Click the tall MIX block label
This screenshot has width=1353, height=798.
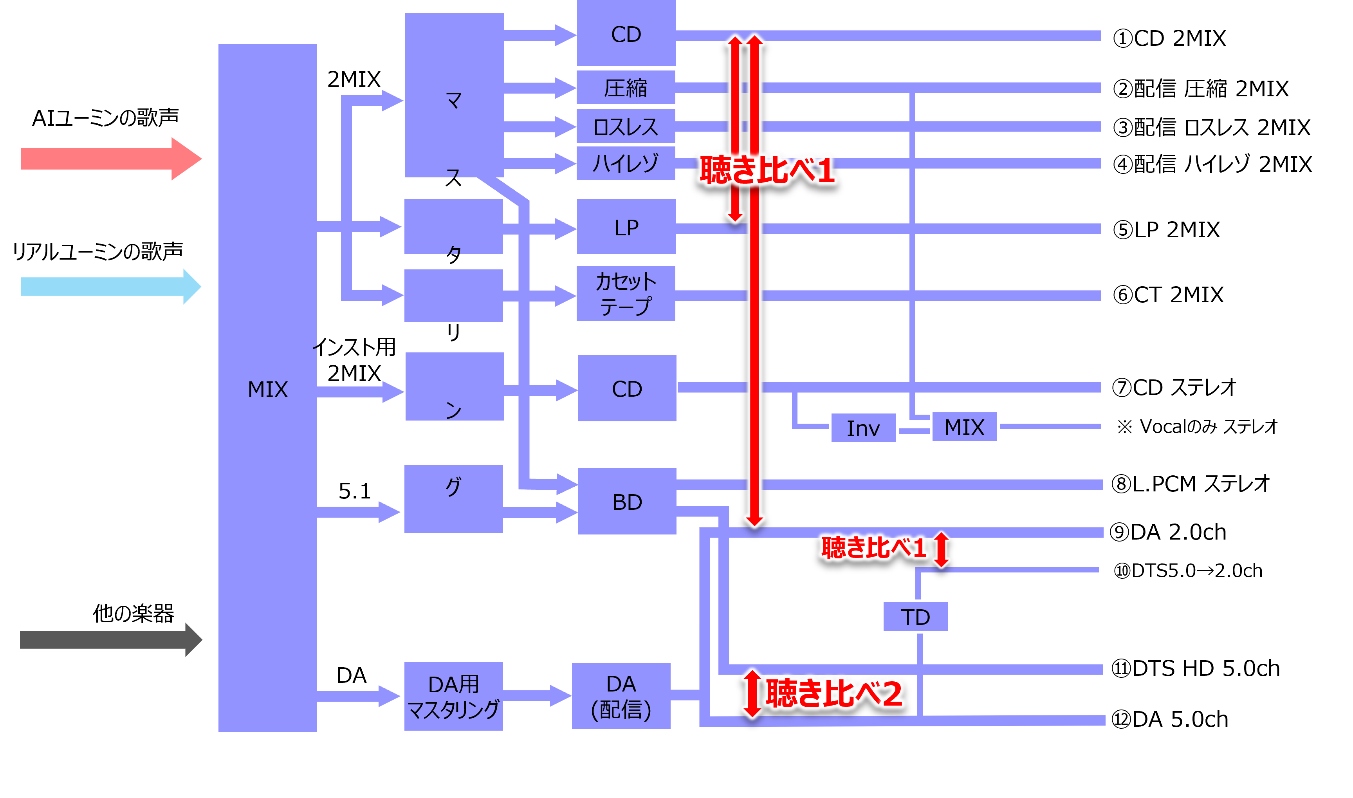click(268, 389)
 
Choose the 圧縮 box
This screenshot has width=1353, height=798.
click(626, 87)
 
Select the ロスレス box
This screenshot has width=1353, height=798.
click(626, 126)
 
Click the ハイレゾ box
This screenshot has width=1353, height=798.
click(626, 163)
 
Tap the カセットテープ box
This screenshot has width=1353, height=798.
click(626, 294)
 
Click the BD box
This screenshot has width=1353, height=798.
click(627, 501)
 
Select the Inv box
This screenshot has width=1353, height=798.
click(863, 428)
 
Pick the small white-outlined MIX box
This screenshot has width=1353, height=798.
click(964, 427)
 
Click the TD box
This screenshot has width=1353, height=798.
click(915, 617)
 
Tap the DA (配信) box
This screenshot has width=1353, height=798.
click(621, 696)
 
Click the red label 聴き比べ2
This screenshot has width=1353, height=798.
click(833, 694)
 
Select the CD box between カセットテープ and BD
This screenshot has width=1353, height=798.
click(627, 388)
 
